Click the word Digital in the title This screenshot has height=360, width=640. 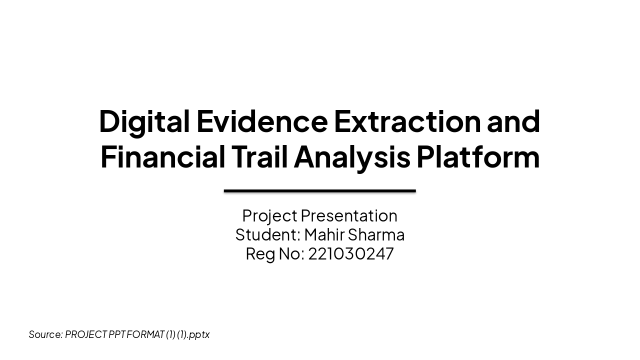[144, 121]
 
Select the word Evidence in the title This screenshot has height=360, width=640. [262, 121]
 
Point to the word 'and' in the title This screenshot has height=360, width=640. [513, 121]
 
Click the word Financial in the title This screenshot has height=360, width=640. [163, 157]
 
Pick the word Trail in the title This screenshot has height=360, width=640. [259, 157]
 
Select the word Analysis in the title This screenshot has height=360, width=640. [352, 157]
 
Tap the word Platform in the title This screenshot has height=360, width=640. [478, 157]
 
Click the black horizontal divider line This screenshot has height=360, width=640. [320, 190]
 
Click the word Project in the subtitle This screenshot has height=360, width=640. [269, 216]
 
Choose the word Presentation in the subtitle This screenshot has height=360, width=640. [349, 216]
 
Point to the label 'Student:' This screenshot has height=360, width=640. [267, 235]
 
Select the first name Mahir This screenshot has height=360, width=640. [324, 235]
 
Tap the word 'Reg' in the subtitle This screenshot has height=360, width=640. [260, 254]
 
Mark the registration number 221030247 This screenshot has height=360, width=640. [351, 254]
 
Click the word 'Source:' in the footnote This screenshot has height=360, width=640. [45, 334]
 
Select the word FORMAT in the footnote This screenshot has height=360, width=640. [145, 334]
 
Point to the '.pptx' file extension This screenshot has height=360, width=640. [199, 334]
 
